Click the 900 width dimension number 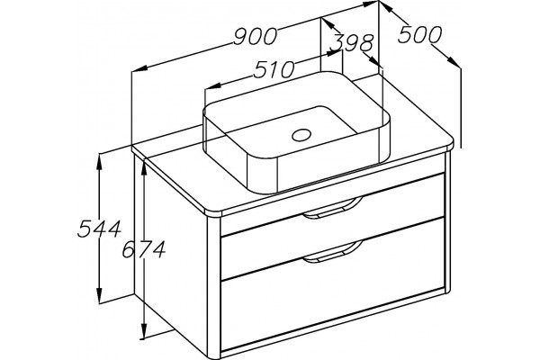256,37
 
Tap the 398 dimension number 351,43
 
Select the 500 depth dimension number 419,34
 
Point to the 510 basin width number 274,70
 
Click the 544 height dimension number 99,229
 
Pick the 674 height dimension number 144,249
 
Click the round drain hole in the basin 301,135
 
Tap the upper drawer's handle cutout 332,209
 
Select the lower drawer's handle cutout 332,252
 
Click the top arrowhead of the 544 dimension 100,161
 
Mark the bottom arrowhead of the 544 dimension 100,293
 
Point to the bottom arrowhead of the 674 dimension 144,330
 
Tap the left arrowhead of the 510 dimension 212,86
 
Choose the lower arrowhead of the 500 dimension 454,61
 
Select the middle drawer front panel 333,248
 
